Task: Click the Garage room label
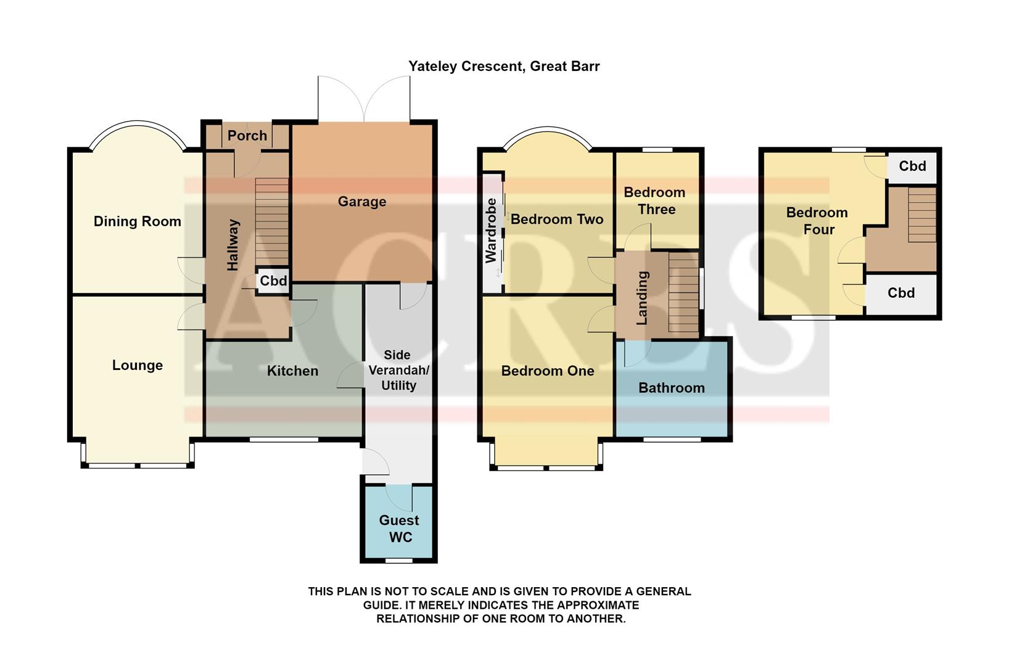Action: coord(362,202)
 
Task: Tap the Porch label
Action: coord(247,136)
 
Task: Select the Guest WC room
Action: coord(399,528)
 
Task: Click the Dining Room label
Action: coord(137,221)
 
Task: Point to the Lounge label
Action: coord(137,365)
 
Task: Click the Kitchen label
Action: coord(292,371)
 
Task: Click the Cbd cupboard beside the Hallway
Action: coord(273,281)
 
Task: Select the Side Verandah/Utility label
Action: coord(398,370)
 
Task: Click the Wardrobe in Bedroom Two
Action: coord(492,231)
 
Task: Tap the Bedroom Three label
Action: coord(655,201)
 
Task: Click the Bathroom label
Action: coord(671,388)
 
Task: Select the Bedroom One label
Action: coord(547,371)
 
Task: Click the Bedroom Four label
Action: coord(817,221)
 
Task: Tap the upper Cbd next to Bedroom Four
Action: coord(912,166)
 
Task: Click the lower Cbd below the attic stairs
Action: coord(900,293)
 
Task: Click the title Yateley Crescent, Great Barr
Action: coord(504,67)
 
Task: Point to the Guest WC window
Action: coord(399,561)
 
